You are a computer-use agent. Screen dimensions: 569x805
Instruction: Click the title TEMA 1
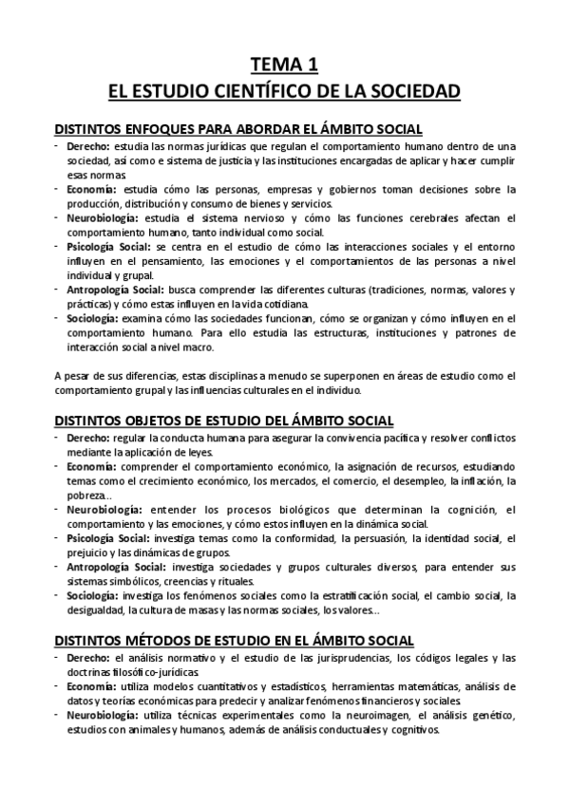click(x=284, y=66)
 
